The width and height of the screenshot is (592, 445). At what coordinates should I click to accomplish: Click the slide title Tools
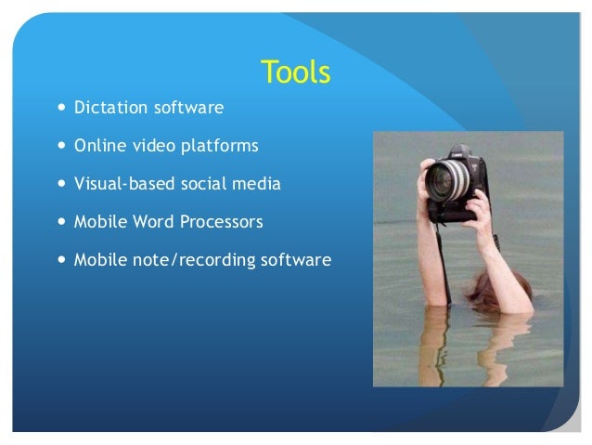(296, 72)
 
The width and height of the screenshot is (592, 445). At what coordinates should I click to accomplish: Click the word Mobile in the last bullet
(99, 261)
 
